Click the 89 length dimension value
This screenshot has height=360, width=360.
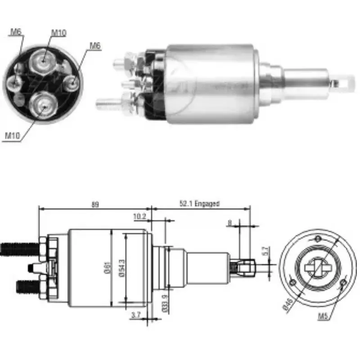tap(94, 204)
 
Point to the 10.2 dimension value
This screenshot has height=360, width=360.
tap(139, 216)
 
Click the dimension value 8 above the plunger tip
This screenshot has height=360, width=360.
tap(229, 222)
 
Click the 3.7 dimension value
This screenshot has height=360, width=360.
tap(135, 315)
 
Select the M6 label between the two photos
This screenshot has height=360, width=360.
tap(94, 45)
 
